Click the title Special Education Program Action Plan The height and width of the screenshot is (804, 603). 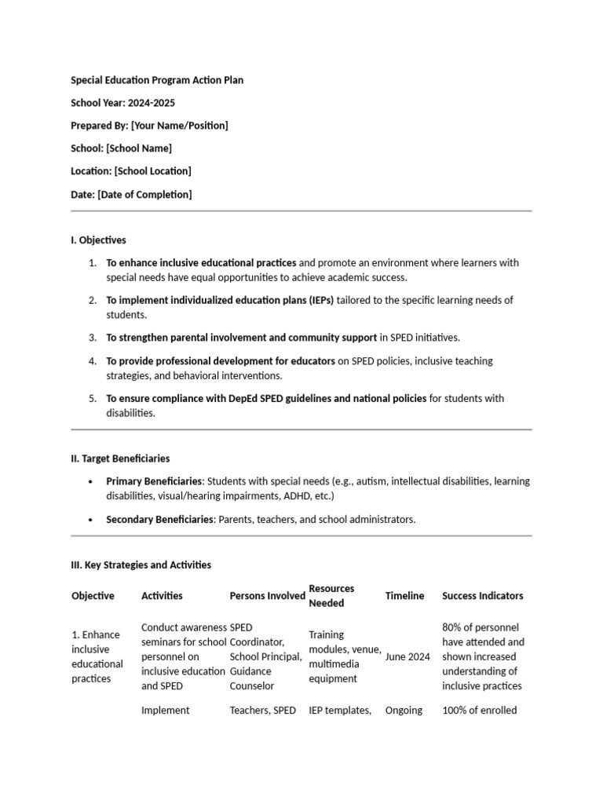click(x=157, y=80)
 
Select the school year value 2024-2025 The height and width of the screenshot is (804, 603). click(x=155, y=103)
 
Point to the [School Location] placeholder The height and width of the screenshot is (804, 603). click(x=152, y=171)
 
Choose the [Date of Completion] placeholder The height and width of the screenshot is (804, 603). click(x=144, y=194)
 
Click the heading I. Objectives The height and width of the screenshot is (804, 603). click(x=98, y=240)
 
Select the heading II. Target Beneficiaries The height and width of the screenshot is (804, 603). click(x=120, y=459)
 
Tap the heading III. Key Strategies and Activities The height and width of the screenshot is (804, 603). click(x=141, y=565)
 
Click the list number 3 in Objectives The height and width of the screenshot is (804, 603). click(x=92, y=338)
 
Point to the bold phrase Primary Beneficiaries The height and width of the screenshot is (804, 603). click(x=155, y=481)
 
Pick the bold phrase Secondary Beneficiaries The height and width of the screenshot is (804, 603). click(x=159, y=520)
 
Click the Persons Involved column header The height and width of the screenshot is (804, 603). click(x=267, y=596)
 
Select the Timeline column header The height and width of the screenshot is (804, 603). click(x=404, y=596)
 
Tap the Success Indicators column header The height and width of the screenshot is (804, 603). click(x=482, y=596)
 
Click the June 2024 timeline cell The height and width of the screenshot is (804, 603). click(x=407, y=657)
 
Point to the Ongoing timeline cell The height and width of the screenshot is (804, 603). click(x=404, y=711)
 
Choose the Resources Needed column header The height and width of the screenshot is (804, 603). click(x=331, y=596)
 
